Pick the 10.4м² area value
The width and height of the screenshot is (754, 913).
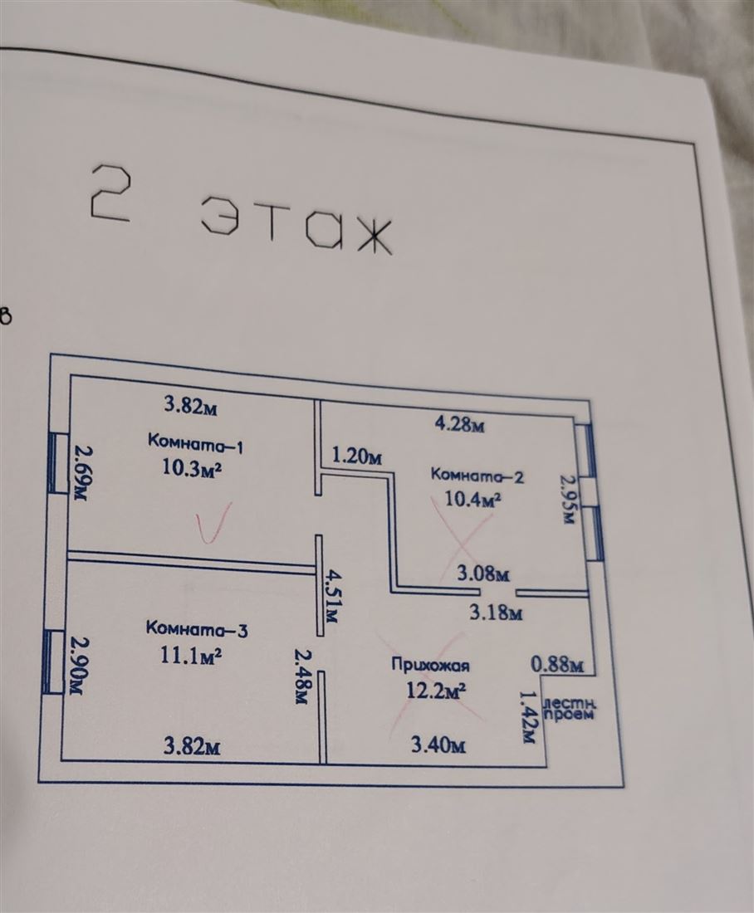click(x=473, y=499)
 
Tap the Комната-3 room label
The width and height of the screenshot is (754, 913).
click(x=196, y=629)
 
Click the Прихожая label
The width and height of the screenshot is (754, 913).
click(x=431, y=666)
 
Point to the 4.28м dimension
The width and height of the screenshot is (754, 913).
click(x=460, y=423)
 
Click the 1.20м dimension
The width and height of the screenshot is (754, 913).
click(x=357, y=456)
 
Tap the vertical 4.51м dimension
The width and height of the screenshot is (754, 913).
click(x=333, y=597)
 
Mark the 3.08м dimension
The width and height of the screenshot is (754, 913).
click(x=483, y=574)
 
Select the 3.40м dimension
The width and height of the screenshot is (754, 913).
click(x=438, y=745)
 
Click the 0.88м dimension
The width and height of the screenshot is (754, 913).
click(x=557, y=664)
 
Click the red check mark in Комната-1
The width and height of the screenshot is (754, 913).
click(x=212, y=522)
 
